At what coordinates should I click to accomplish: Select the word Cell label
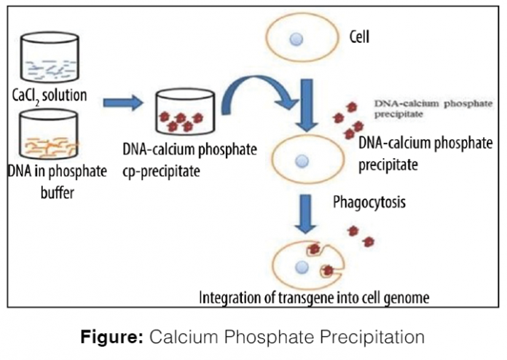click(x=359, y=34)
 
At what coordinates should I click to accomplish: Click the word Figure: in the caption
click(x=114, y=337)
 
